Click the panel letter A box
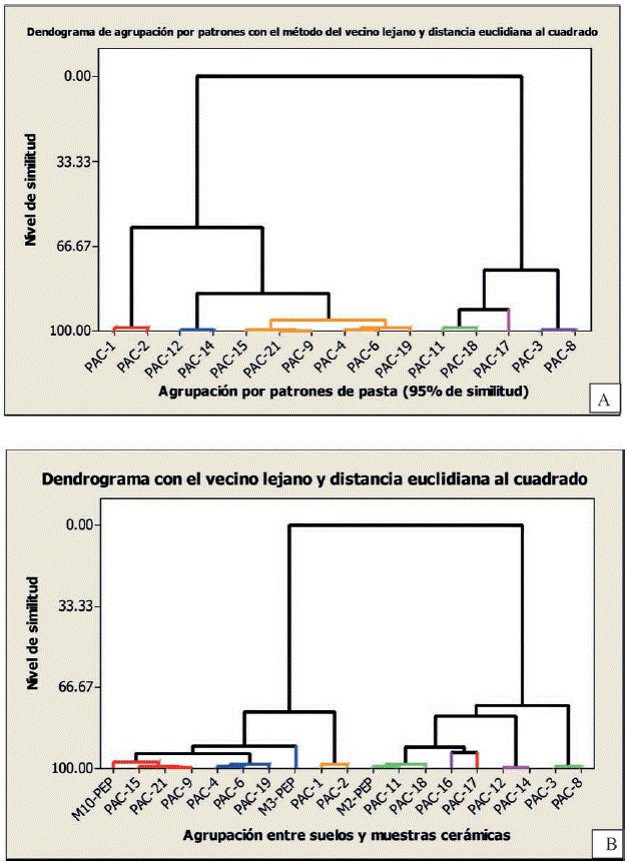[602, 400]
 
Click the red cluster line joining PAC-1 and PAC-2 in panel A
[131, 327]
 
